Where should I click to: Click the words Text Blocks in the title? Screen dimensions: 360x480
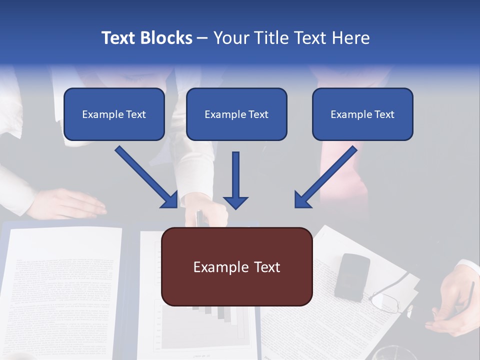(x=146, y=38)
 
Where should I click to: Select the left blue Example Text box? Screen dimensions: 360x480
(x=114, y=114)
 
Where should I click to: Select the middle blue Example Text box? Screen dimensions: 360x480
(x=236, y=114)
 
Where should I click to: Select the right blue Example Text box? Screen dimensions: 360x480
(x=362, y=114)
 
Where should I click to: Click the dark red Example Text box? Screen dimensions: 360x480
(x=236, y=266)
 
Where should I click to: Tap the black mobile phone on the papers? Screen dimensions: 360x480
(x=352, y=276)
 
